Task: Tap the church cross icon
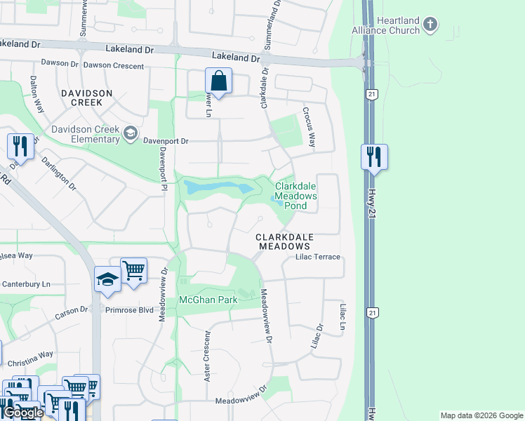point(431,26)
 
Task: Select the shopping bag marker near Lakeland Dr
point(219,81)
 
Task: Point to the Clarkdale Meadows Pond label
point(295,196)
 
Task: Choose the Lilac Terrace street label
point(312,257)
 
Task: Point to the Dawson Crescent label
point(113,67)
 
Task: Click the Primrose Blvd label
point(129,309)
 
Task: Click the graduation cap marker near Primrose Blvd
point(107,279)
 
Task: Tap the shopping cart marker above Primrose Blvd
point(133,270)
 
